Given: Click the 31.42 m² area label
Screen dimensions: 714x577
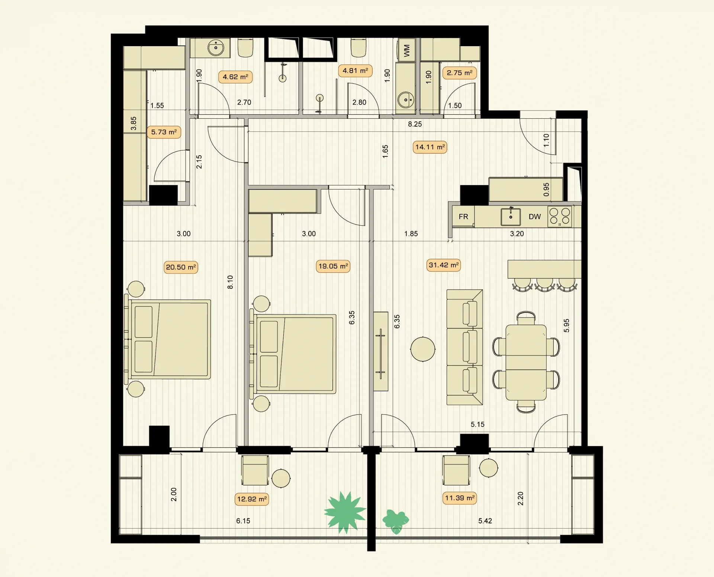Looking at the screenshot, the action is [x=443, y=265].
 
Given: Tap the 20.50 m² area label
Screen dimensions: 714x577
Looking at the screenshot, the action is [x=181, y=267].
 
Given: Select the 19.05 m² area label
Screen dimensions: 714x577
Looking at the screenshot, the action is [x=333, y=266].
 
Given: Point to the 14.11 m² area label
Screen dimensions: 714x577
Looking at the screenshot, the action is [x=430, y=147].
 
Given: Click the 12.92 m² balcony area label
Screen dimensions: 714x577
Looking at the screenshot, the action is [x=252, y=499].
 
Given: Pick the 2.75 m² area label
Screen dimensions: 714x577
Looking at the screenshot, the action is [x=460, y=73].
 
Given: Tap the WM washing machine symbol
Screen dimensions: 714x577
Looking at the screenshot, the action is [x=406, y=50].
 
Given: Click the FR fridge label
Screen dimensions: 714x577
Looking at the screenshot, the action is [x=463, y=217].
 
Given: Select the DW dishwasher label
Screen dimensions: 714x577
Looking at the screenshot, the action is [x=535, y=217].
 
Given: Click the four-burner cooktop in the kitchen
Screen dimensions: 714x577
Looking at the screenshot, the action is [x=560, y=217].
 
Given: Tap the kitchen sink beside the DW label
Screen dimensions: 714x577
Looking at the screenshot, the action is [x=511, y=217].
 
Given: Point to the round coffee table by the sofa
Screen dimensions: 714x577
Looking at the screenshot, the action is [x=423, y=349].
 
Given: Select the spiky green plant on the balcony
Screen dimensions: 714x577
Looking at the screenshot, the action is [x=345, y=512].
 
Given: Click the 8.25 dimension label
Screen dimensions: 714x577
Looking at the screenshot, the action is [x=415, y=124].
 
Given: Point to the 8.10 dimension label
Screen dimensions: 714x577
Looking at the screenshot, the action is [x=230, y=282].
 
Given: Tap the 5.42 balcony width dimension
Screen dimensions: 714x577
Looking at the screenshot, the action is [x=485, y=521].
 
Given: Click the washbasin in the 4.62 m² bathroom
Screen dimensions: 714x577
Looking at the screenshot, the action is [x=216, y=48].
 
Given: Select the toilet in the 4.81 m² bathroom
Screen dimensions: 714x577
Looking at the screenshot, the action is [x=358, y=48].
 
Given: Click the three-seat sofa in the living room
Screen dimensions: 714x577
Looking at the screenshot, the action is [x=465, y=347].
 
